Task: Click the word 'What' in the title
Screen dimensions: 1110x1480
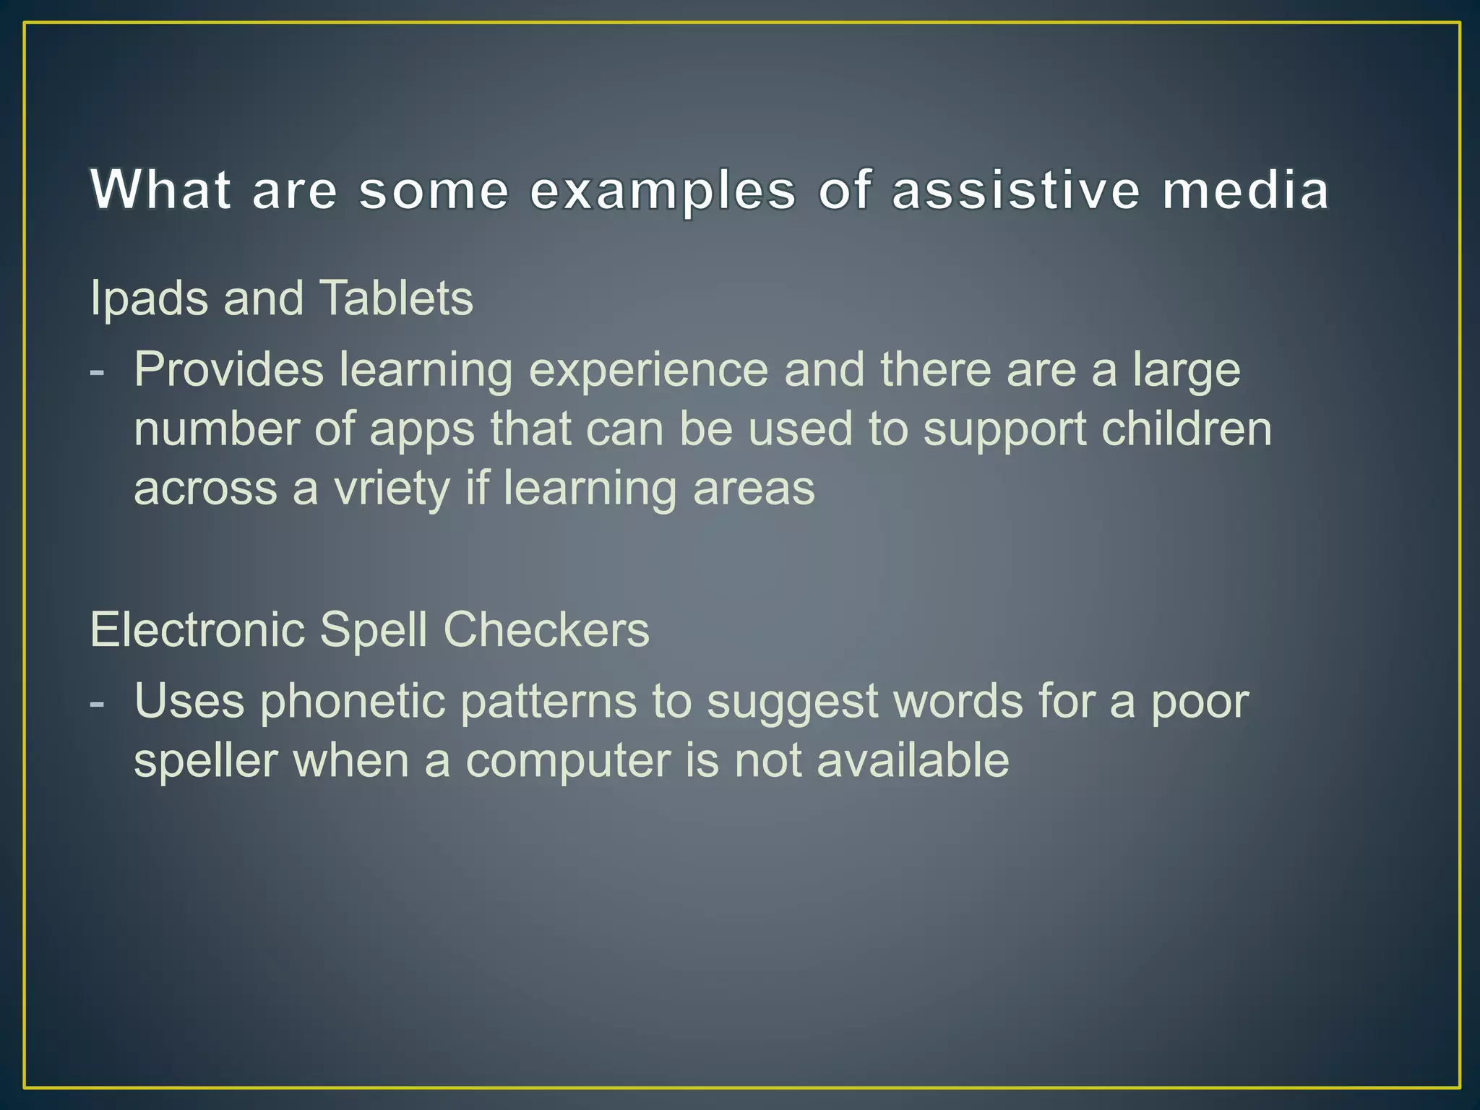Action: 160,190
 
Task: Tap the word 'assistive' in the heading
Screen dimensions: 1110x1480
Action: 1015,190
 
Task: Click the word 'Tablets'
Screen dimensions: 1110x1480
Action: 396,298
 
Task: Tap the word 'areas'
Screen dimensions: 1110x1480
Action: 753,489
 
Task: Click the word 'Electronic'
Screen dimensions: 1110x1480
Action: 197,629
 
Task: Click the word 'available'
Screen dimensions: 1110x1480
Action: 912,760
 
